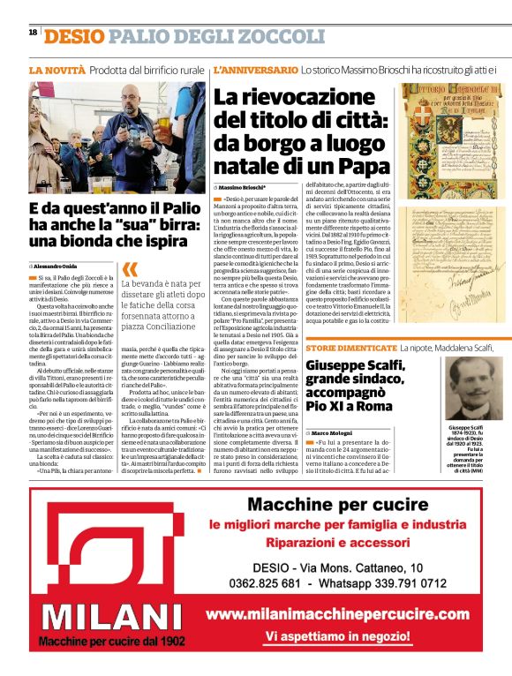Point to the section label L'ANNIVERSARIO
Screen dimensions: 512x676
coord(256,69)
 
